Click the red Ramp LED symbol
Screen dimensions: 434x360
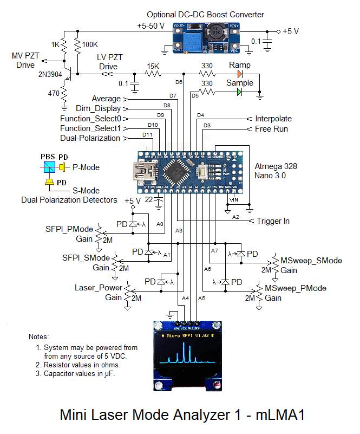coord(239,74)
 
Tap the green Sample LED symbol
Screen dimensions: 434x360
coord(239,92)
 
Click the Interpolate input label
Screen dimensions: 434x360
coord(273,119)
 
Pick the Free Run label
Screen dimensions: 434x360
coord(272,129)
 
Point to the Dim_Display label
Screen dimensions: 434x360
coord(99,108)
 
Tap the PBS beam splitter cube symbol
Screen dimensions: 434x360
coord(47,167)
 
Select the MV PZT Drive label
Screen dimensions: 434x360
coord(26,61)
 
